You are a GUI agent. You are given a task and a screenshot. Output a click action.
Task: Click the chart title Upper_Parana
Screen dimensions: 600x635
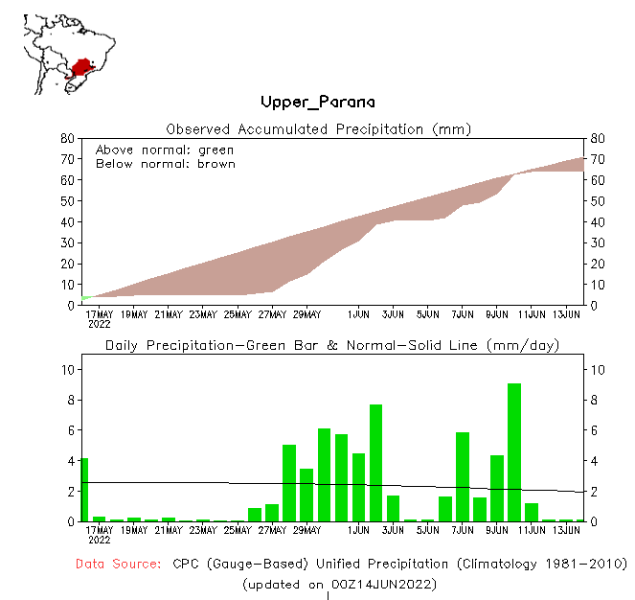[x=317, y=103]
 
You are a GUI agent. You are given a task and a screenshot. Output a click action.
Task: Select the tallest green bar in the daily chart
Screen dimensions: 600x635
[x=514, y=451]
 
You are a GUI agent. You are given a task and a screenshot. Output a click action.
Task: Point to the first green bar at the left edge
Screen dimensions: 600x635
[x=84, y=489]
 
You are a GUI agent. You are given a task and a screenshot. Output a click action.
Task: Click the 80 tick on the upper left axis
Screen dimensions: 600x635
[x=68, y=138]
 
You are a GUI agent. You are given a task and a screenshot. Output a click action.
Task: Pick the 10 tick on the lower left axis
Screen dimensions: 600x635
[x=67, y=369]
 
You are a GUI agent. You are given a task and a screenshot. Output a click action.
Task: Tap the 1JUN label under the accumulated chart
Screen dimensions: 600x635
[x=359, y=313]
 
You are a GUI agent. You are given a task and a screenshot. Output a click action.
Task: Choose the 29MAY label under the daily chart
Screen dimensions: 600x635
[x=306, y=530]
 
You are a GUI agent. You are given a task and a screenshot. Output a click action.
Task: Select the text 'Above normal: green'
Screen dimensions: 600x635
[x=165, y=150]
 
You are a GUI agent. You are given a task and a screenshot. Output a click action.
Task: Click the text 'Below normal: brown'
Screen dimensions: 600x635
[x=166, y=164]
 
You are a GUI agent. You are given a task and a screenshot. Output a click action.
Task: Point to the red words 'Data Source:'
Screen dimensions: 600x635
[x=119, y=564]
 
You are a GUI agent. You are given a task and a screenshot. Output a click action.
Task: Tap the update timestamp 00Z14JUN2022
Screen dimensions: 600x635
[x=379, y=583]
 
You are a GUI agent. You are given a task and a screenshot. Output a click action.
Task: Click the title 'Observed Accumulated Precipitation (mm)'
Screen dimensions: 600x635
[x=318, y=128]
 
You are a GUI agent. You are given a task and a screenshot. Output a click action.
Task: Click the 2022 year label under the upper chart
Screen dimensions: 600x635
[x=99, y=324]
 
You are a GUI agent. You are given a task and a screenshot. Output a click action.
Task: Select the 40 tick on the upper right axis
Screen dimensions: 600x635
[x=598, y=221]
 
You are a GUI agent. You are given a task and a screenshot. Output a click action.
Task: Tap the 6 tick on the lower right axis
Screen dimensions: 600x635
[x=594, y=430]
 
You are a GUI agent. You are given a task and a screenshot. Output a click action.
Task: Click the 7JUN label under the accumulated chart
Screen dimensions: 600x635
[x=463, y=313]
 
